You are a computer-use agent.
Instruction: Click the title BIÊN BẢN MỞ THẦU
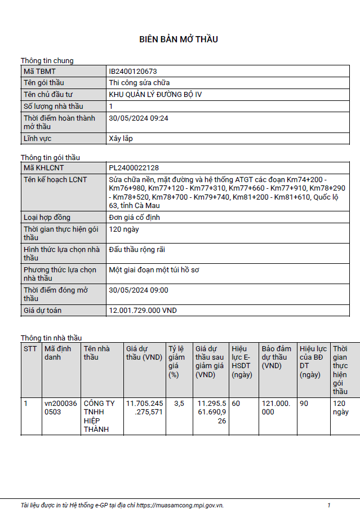[x=179, y=39]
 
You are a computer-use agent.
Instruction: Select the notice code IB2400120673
[x=132, y=72]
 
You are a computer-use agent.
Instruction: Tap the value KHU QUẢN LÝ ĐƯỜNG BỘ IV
[x=155, y=94]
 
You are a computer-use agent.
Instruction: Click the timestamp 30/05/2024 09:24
[x=138, y=118]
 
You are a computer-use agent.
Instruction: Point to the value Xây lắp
[x=121, y=138]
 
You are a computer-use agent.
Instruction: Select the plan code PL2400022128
[x=134, y=168]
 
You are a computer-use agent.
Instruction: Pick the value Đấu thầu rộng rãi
[x=137, y=250]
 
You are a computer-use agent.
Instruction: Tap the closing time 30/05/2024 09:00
[x=138, y=290]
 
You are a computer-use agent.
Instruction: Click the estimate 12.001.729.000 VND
[x=143, y=311]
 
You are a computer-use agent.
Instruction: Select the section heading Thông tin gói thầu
[x=54, y=157]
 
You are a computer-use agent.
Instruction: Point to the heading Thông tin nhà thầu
[x=51, y=338]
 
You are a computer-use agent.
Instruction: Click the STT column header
[x=30, y=348]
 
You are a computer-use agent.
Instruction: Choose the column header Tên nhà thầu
[x=96, y=352]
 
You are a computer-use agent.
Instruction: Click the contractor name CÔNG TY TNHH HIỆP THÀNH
[x=99, y=416]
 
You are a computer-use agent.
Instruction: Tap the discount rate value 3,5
[x=179, y=404]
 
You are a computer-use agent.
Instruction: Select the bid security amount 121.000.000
[x=275, y=408]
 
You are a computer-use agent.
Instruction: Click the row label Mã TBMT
[x=39, y=72]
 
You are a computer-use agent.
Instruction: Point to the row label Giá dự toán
[x=42, y=311]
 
